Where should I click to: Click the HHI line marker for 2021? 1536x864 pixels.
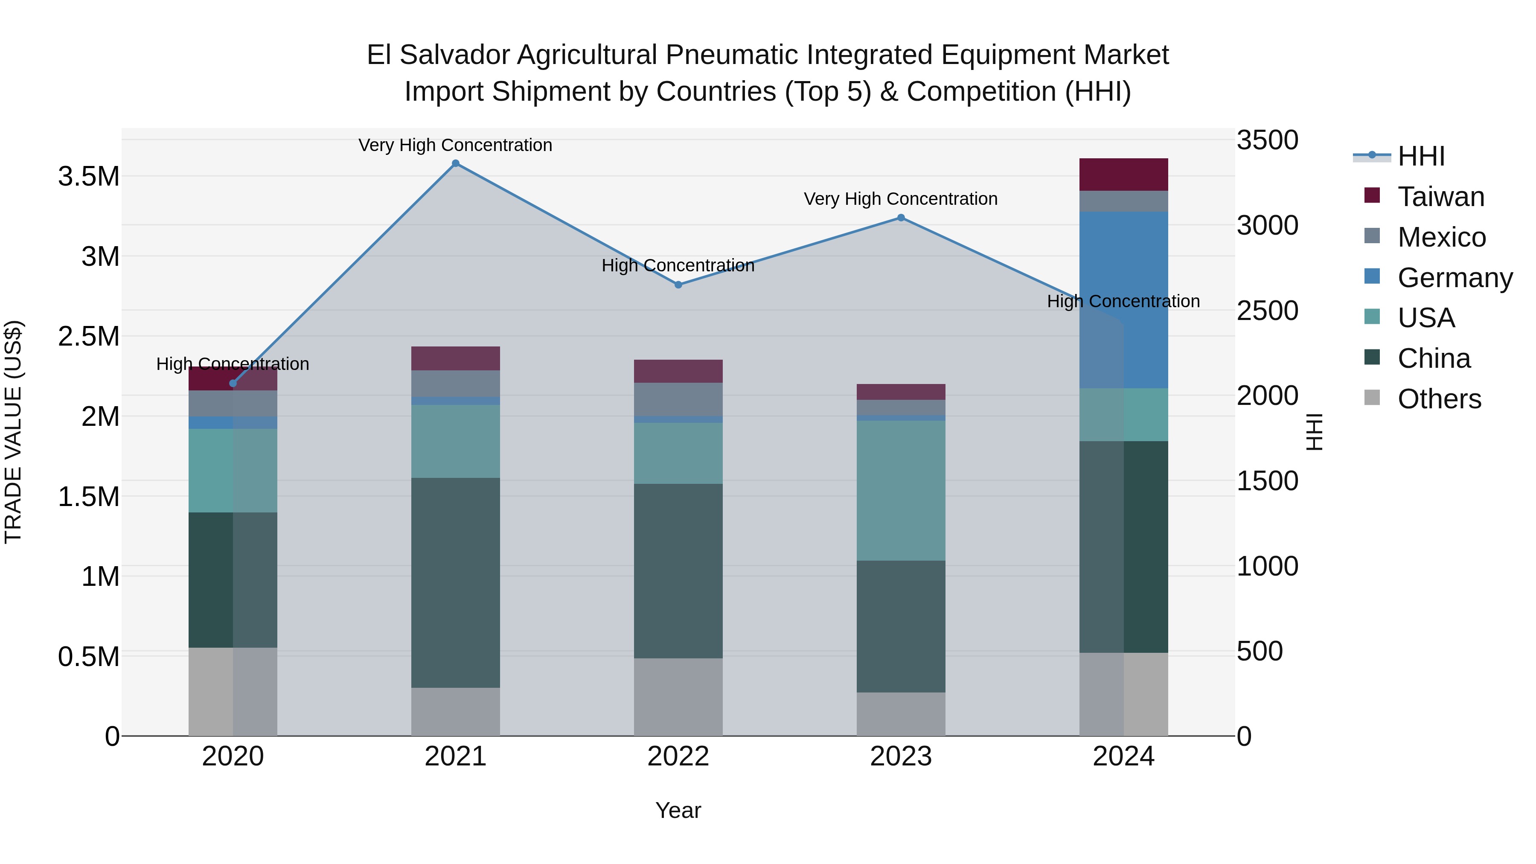(456, 163)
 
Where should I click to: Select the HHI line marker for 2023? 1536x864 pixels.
(901, 218)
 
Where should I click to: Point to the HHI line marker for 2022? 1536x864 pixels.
(678, 285)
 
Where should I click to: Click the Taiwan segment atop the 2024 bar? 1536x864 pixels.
(1123, 175)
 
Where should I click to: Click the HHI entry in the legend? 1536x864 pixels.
(1420, 156)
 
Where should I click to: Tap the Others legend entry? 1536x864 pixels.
(1438, 399)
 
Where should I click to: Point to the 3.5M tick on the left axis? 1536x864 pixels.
(88, 177)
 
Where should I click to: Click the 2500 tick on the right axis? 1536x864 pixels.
(1267, 311)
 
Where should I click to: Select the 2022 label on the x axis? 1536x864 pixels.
(678, 756)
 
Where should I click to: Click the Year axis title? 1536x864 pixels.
(678, 810)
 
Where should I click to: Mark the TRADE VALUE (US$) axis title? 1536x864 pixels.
(13, 432)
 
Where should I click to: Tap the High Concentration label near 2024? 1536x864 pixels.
(1123, 301)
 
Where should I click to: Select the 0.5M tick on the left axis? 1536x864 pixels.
(88, 657)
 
